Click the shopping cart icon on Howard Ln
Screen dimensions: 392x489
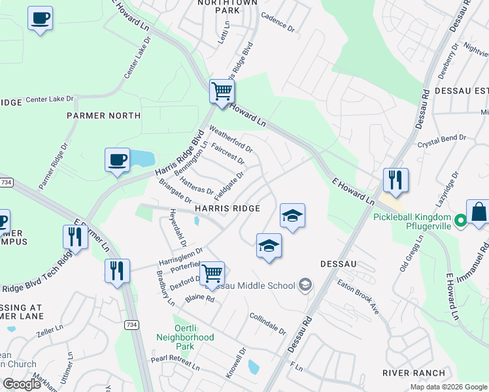pyautogui.click(x=222, y=91)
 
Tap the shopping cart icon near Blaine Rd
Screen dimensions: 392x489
pyautogui.click(x=212, y=274)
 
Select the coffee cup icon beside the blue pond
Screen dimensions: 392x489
pyautogui.click(x=118, y=160)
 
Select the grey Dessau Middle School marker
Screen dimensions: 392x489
pyautogui.click(x=305, y=285)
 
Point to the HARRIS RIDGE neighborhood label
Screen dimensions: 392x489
pyautogui.click(x=228, y=208)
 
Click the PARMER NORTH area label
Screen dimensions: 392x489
pyautogui.click(x=103, y=116)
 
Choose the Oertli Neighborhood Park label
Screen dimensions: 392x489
pyautogui.click(x=185, y=337)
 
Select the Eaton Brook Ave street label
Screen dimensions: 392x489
pyautogui.click(x=358, y=297)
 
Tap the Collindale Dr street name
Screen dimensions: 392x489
pyautogui.click(x=268, y=323)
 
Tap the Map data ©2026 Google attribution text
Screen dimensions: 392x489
pyautogui.click(x=448, y=387)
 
